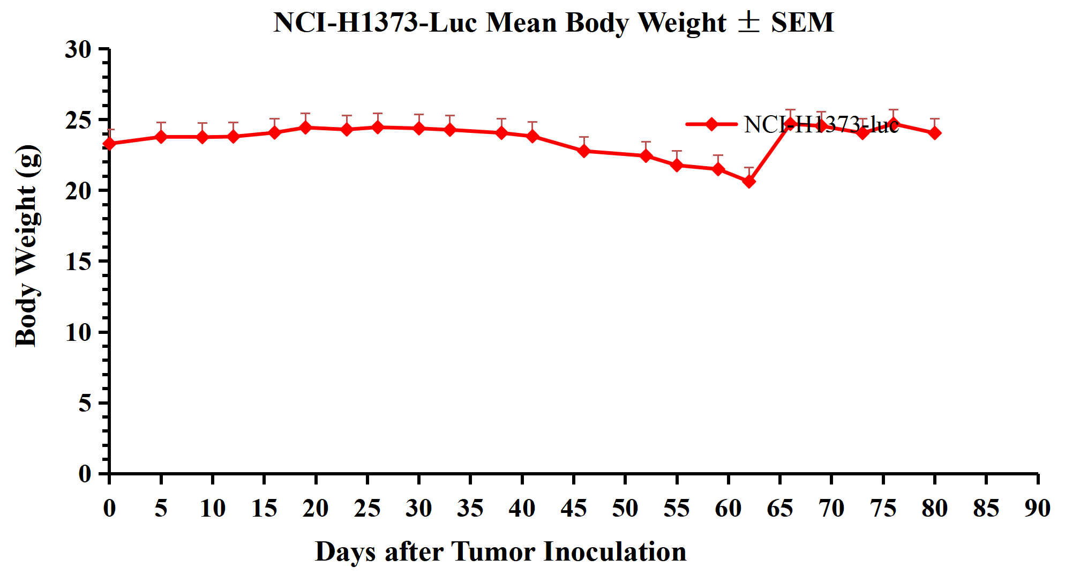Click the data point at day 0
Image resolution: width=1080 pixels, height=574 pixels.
109,144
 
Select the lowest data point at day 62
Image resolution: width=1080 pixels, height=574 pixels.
749,182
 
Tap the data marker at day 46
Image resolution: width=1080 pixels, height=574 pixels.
584,151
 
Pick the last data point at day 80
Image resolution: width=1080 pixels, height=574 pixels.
935,133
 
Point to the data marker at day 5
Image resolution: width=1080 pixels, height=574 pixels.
161,137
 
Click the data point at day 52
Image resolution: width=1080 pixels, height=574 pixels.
646,156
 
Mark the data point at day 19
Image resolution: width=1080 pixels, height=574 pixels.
305,128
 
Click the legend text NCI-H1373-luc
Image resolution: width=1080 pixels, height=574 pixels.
821,125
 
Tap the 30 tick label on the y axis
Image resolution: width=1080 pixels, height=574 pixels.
78,49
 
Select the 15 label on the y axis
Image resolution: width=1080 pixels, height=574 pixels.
78,262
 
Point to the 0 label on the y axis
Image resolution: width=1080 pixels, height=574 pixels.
85,474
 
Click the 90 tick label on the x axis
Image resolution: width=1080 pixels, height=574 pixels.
1038,508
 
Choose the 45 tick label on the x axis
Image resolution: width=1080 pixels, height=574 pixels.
573,508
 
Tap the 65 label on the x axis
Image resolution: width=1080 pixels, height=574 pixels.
779,508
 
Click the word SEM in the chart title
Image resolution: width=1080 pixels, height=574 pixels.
802,23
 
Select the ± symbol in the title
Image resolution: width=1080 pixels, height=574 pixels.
748,23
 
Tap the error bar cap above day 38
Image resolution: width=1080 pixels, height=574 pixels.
501,119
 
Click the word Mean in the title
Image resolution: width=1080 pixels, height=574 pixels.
522,23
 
